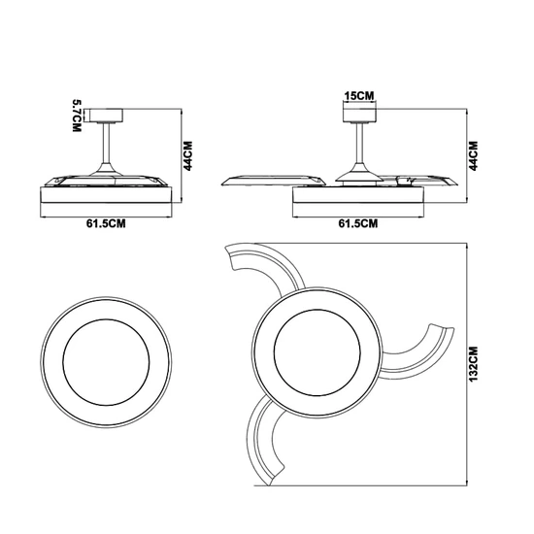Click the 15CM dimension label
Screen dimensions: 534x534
coord(359,96)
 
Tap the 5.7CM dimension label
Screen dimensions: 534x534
coord(77,116)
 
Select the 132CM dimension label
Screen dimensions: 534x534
coord(474,364)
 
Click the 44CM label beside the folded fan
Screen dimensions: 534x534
coord(187,155)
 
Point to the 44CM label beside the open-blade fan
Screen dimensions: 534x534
coord(474,155)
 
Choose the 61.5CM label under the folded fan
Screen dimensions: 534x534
coord(106,223)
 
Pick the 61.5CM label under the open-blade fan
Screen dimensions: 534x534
coord(358,223)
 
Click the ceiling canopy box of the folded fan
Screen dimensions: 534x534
coord(106,116)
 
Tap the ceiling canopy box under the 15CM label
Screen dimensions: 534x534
coord(359,116)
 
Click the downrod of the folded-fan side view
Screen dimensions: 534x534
coord(106,144)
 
